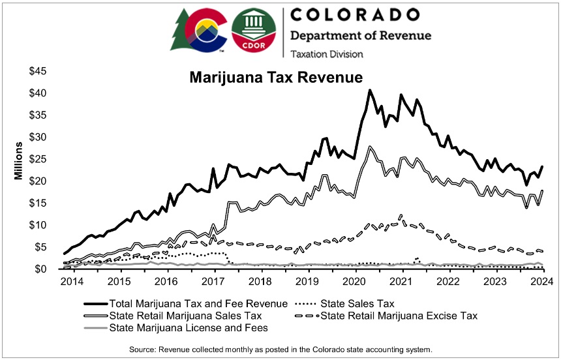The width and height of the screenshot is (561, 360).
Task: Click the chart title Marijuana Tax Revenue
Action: coord(275,78)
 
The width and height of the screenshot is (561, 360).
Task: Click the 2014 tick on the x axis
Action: coord(72,282)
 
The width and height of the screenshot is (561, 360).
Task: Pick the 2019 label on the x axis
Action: coord(307,282)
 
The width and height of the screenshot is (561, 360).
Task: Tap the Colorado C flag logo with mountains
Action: coord(207,31)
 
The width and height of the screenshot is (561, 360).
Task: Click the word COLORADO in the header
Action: coord(354,14)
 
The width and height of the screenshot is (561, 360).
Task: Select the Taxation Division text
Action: coord(327,54)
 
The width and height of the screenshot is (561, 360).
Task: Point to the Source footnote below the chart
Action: coord(280,349)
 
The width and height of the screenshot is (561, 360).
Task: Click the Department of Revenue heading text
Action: coord(361,35)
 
